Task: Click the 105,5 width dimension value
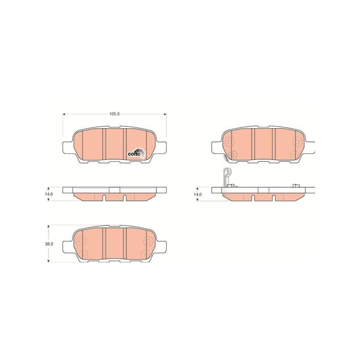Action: point(114,114)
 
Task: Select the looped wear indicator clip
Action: point(226,176)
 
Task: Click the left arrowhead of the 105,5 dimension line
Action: point(64,114)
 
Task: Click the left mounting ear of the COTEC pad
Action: point(66,147)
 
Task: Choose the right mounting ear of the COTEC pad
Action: point(164,147)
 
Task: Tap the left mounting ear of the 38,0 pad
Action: point(66,246)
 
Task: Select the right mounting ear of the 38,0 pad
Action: point(164,246)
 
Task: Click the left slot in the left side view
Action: point(103,198)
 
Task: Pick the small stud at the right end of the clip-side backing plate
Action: point(296,185)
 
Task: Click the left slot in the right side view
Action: point(252,198)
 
